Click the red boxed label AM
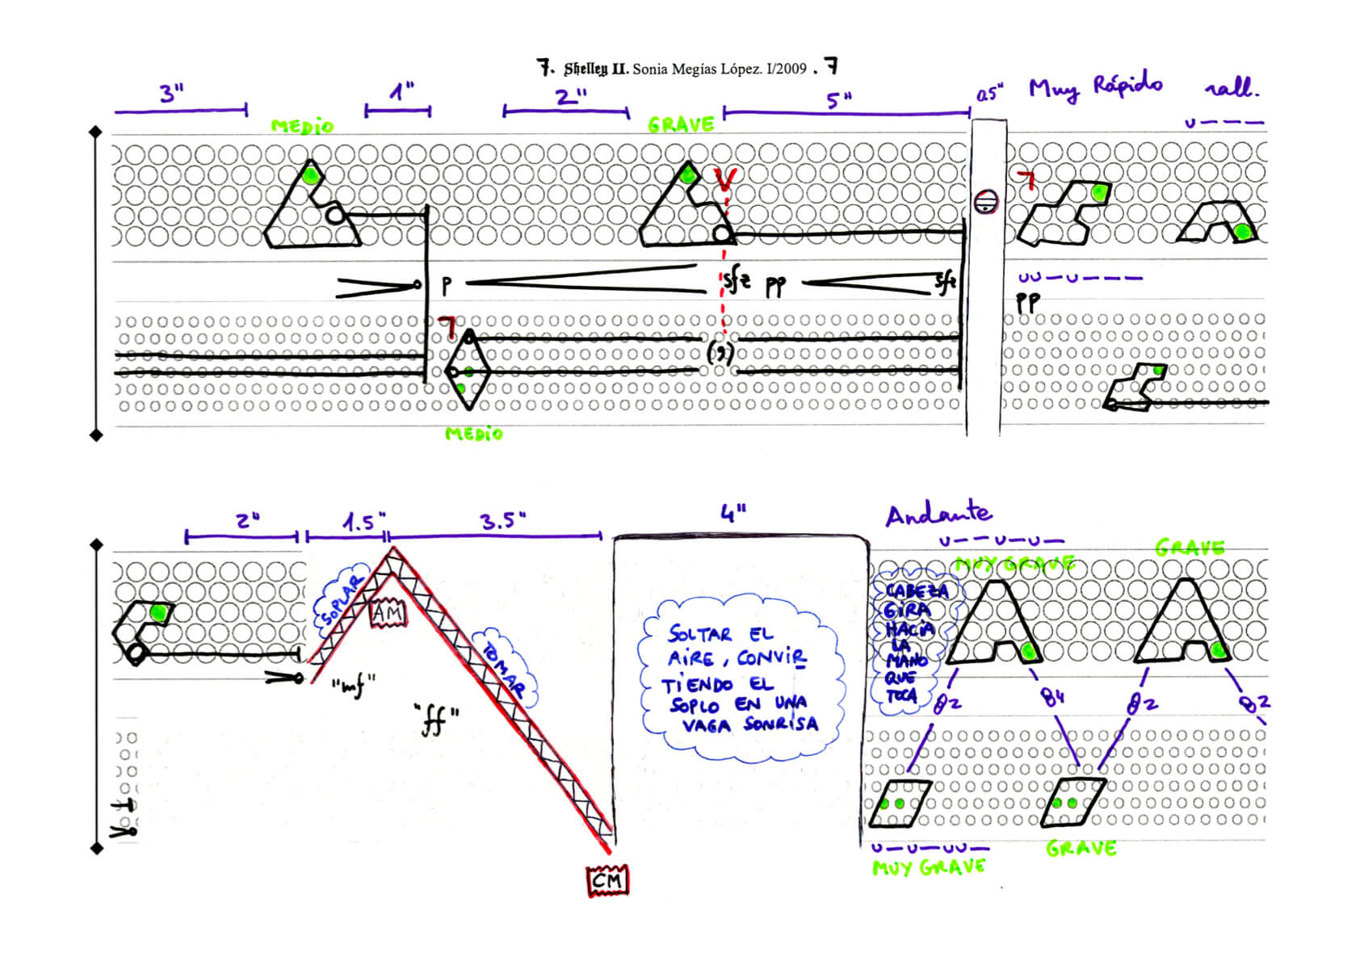tap(388, 615)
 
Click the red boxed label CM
tap(607, 880)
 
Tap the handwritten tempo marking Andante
tap(938, 514)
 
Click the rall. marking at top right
tap(1231, 87)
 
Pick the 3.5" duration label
tap(502, 521)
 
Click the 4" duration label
tap(732, 513)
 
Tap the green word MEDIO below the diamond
tap(474, 434)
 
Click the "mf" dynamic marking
tap(354, 687)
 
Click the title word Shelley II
tap(595, 69)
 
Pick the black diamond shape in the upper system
tap(468, 371)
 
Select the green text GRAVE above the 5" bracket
tap(681, 124)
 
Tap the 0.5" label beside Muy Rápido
tap(989, 95)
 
